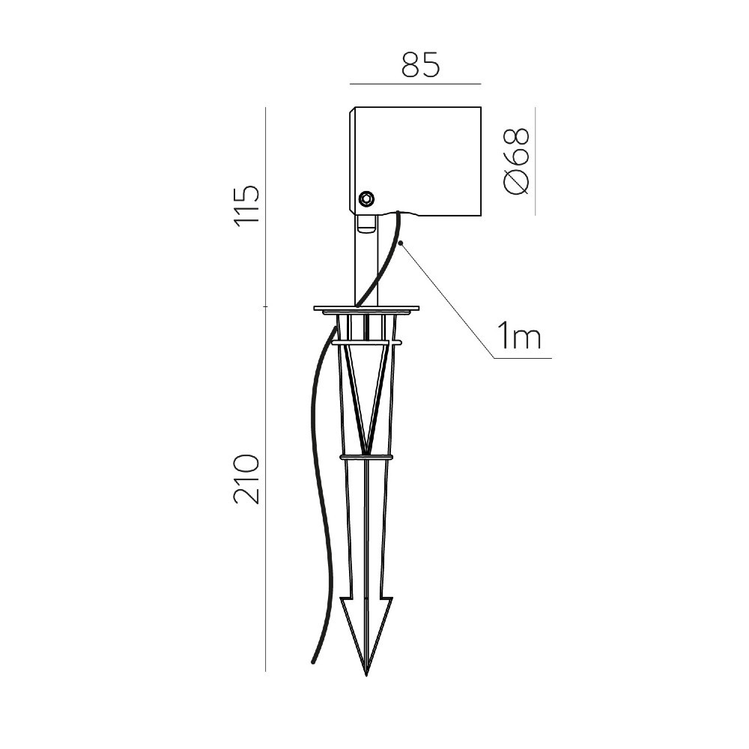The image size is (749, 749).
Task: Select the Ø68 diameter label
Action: (x=517, y=161)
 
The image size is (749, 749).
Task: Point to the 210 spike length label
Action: (x=246, y=479)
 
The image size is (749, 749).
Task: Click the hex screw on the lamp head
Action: (x=367, y=198)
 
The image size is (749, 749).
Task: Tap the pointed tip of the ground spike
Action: (x=366, y=675)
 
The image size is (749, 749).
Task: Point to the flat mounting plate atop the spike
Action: (x=366, y=309)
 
